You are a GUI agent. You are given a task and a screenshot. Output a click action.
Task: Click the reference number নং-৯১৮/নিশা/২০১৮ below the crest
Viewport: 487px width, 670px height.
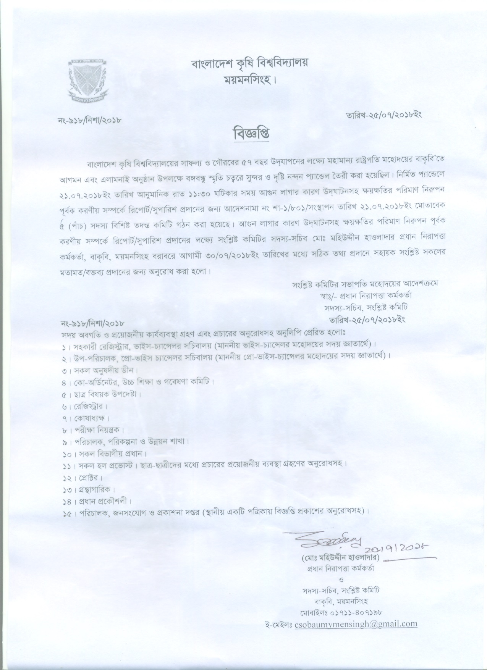pos(88,121)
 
